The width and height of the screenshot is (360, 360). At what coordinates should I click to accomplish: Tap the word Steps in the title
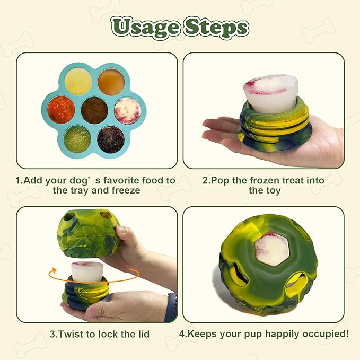pos(217,28)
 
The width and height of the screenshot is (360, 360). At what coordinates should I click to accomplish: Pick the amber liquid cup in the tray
pos(111,82)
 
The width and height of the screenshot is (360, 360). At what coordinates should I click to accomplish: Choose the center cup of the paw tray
pos(94,110)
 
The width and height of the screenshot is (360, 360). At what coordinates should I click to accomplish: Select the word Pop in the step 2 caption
pos(221,180)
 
